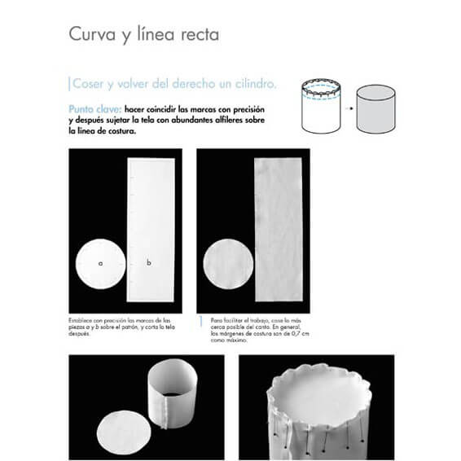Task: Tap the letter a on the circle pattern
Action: pos(99,263)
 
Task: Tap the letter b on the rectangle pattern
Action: pos(149,262)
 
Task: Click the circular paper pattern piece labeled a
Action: pos(99,265)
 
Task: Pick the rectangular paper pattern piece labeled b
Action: pos(151,228)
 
